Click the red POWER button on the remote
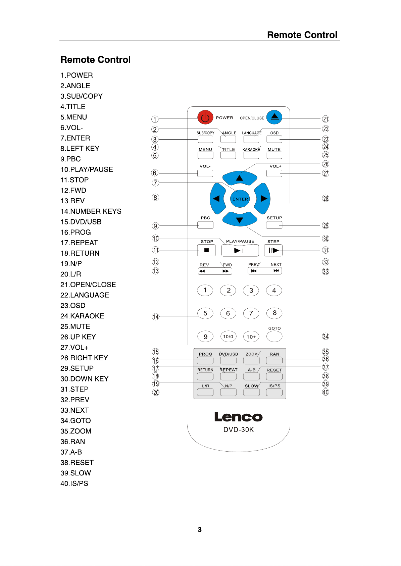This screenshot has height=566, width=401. coord(205,117)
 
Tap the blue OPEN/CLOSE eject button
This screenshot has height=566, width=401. coord(274,117)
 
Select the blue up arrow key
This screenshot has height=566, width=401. coord(240,178)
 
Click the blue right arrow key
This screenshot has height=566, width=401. coord(262,199)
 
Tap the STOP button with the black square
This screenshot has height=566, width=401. coord(207,250)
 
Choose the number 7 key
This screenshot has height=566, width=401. coord(251,313)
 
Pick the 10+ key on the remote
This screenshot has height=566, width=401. coord(251,337)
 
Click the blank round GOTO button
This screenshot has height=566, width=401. coord(274,336)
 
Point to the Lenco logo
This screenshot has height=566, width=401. coord(239,417)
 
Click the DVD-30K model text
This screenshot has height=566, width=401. coord(239,430)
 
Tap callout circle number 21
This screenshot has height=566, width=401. coord(325,119)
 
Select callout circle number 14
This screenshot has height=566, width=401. coord(155,317)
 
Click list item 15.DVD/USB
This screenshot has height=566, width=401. coord(81,222)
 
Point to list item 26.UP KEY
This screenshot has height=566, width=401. coord(78,337)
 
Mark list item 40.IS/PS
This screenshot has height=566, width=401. coord(74,483)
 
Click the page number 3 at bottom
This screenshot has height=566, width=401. coord(200,530)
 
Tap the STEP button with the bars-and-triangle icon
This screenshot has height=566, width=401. coord(273,250)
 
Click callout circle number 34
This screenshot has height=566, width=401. coord(325,337)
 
